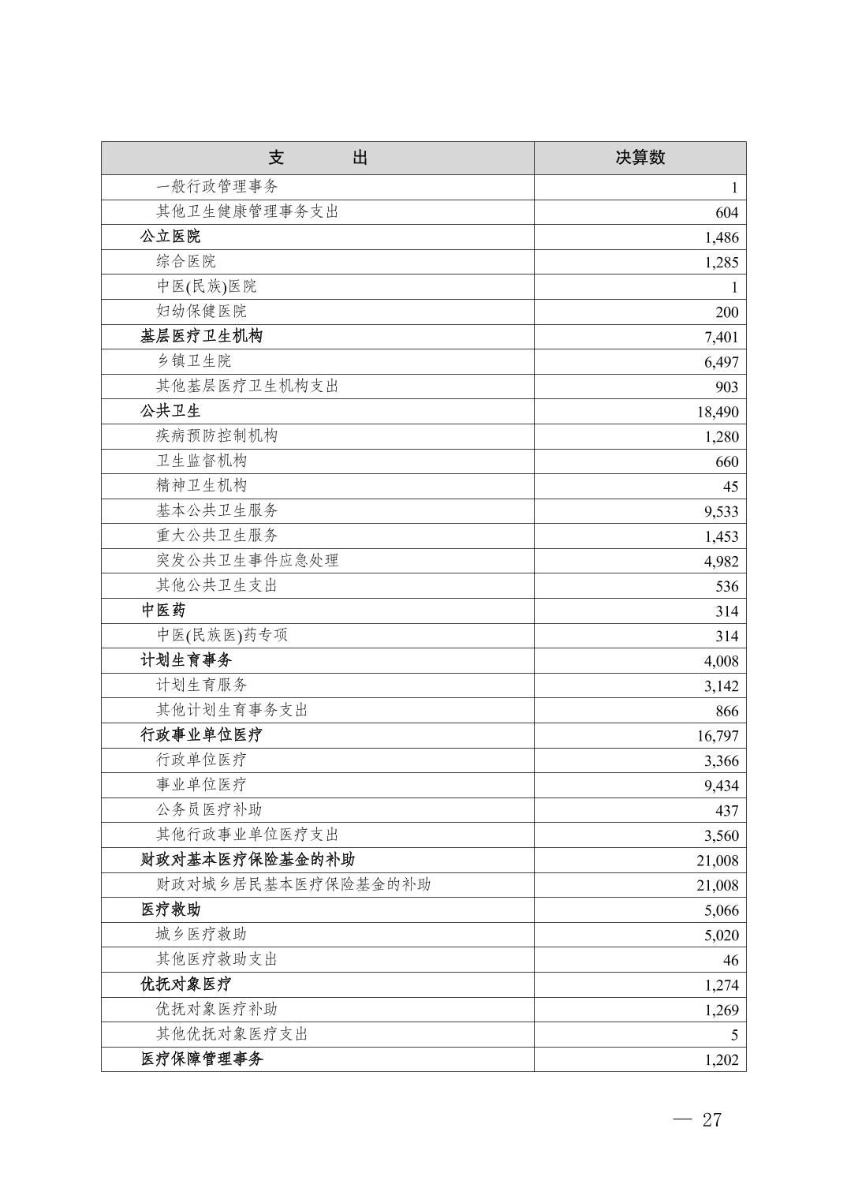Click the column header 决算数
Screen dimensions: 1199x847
tap(640, 158)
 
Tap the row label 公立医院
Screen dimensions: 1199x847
tap(170, 237)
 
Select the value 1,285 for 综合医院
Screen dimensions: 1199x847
tap(721, 263)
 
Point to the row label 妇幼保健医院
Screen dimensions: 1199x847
tap(201, 312)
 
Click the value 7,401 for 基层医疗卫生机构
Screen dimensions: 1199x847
tap(721, 338)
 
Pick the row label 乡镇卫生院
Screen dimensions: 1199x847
tap(193, 361)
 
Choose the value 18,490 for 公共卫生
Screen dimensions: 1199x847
tap(717, 412)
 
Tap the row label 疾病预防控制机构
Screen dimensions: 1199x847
tap(217, 436)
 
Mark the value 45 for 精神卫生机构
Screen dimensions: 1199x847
tap(730, 487)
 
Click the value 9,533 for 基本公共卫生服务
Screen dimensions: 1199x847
tap(721, 512)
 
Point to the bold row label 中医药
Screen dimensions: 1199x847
tap(163, 611)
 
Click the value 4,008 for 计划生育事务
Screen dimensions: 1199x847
tap(721, 661)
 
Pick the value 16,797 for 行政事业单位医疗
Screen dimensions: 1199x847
tap(717, 736)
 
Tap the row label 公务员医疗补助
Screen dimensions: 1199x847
tap(209, 810)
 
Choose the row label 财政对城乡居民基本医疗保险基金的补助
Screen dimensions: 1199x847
tap(293, 885)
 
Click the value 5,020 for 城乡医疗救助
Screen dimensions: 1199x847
tap(721, 936)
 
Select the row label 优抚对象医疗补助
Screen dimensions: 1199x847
tap(217, 1010)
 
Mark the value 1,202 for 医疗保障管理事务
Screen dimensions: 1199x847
tap(721, 1060)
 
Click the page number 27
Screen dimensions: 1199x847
tap(711, 1120)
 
